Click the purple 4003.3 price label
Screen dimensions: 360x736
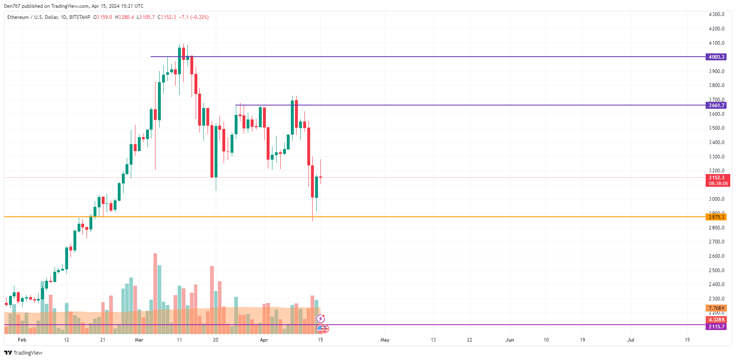point(716,57)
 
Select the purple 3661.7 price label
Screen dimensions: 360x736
point(716,105)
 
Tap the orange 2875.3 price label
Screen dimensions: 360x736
point(716,217)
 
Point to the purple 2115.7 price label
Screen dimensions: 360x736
point(716,327)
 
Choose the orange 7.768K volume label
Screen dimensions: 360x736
point(716,308)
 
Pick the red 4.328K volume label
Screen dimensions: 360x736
point(716,320)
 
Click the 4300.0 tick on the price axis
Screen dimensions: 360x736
point(716,14)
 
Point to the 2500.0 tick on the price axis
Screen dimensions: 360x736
point(716,271)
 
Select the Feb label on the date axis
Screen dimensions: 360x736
point(22,340)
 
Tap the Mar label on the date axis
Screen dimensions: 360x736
point(139,340)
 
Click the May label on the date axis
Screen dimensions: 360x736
point(385,340)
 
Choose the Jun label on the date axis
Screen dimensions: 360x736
point(510,340)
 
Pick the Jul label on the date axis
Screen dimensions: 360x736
point(631,340)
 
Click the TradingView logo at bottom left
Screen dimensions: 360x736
point(23,353)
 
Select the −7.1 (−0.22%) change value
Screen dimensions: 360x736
point(194,17)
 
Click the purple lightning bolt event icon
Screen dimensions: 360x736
point(320,319)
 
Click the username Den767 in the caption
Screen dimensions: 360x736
point(12,6)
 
